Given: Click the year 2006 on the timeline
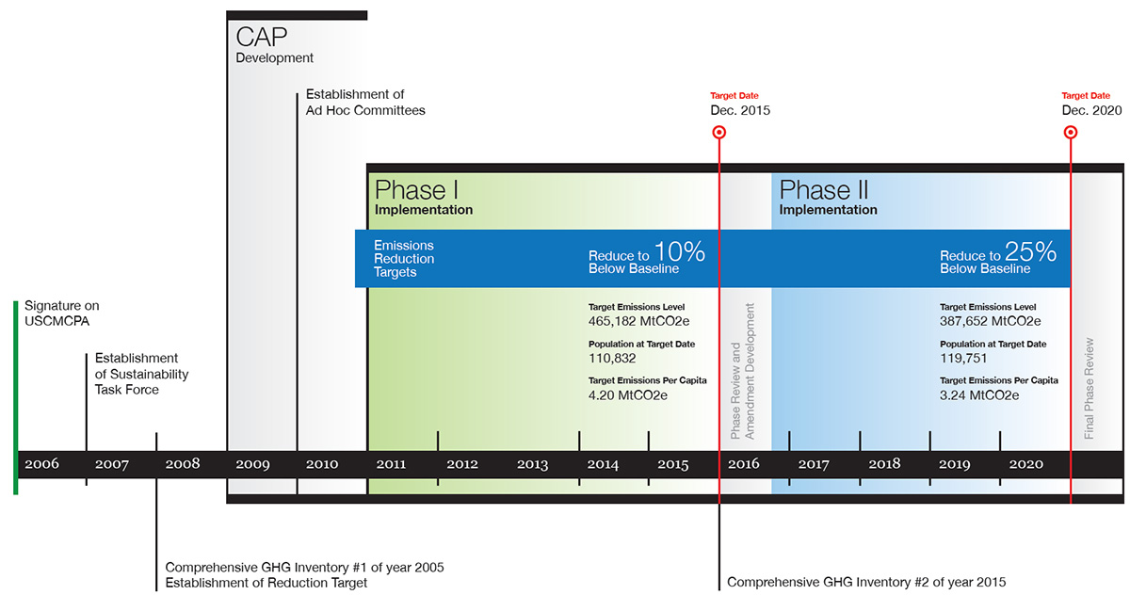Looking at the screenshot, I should click(41, 464).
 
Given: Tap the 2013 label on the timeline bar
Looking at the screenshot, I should click(532, 464).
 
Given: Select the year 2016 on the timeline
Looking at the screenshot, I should click(744, 464).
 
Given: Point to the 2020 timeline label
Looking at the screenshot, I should click(1025, 464).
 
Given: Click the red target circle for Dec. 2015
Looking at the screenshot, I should click(719, 133).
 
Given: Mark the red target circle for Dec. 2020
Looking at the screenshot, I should click(1071, 133).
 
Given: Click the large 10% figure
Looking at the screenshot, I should click(679, 252).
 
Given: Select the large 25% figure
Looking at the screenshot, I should click(1030, 252).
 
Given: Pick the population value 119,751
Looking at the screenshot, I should click(966, 359).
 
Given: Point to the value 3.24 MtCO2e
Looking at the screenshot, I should click(979, 395).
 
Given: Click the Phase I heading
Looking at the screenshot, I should click(416, 189).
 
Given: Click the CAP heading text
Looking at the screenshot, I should click(262, 38).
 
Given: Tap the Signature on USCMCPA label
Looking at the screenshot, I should click(61, 313).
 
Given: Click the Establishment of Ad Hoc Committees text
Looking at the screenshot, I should click(365, 103).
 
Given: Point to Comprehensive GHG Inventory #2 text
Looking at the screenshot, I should click(866, 582).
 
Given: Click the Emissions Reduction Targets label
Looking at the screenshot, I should click(404, 259).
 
